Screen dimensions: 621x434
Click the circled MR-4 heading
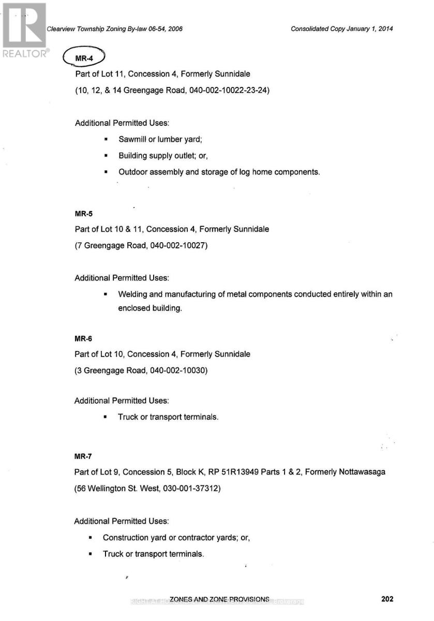point(83,58)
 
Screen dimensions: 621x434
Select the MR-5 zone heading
point(83,213)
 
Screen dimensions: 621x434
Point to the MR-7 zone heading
point(83,456)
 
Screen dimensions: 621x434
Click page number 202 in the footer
point(387,599)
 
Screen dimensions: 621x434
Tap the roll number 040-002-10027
point(178,245)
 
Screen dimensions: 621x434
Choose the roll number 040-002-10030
point(178,370)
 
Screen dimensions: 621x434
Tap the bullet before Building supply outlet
point(106,156)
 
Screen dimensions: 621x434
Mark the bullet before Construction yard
point(91,538)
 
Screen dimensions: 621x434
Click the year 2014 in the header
point(385,29)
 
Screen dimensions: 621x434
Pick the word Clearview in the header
point(61,29)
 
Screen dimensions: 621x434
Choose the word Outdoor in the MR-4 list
point(133,172)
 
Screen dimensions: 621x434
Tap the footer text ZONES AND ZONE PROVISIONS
point(219,599)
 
